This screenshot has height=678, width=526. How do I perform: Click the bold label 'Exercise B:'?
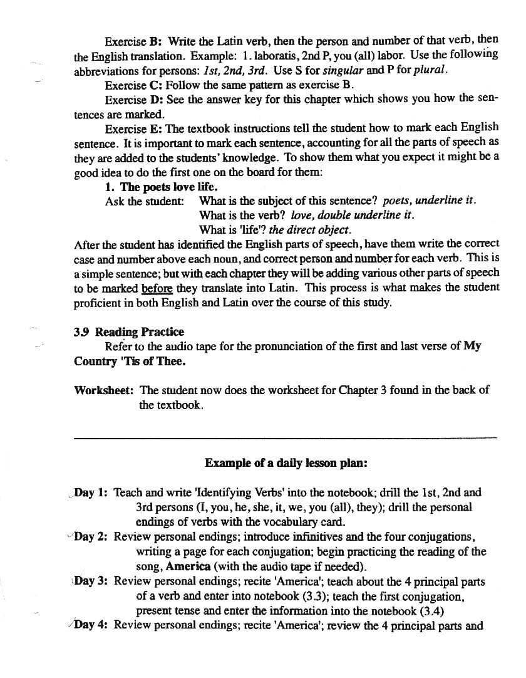click(x=133, y=42)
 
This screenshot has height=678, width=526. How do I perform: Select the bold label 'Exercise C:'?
click(x=133, y=85)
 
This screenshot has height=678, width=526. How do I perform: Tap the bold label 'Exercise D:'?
click(x=133, y=100)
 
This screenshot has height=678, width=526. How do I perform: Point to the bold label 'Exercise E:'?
click(x=133, y=129)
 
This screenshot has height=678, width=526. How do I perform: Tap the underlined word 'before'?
click(x=157, y=289)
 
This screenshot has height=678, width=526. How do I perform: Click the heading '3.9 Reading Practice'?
click(x=129, y=332)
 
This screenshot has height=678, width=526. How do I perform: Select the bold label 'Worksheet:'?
click(x=103, y=390)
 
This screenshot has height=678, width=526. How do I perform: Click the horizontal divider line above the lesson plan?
click(x=285, y=437)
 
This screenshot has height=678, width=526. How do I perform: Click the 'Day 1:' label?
click(x=91, y=493)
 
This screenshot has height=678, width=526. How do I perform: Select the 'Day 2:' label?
click(x=91, y=537)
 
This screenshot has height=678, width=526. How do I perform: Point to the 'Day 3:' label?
click(x=91, y=581)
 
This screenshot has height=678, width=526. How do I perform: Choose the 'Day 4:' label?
click(x=91, y=625)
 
